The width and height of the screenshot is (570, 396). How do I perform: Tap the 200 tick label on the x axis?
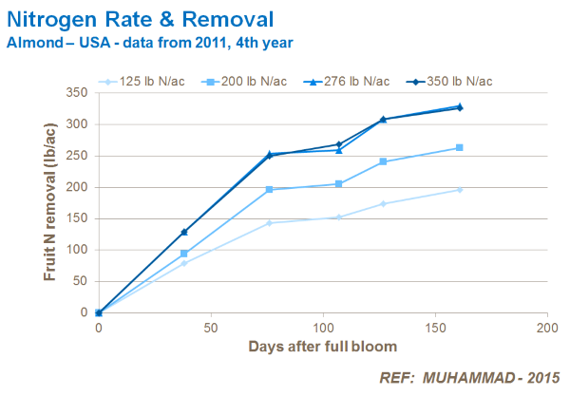click(x=547, y=328)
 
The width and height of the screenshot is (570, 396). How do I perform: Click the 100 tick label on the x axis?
click(x=323, y=328)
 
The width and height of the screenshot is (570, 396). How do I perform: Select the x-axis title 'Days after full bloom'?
click(x=323, y=346)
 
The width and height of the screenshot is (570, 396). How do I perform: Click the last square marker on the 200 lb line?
click(x=460, y=147)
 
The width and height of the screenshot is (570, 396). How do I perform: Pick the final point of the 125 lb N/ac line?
click(x=460, y=190)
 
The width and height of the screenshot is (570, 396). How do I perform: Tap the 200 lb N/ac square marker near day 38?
click(x=184, y=254)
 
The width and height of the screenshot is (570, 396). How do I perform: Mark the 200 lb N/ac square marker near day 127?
click(x=384, y=161)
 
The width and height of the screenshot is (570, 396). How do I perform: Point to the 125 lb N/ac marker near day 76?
click(x=270, y=223)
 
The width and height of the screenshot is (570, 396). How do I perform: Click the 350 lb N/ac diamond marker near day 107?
click(x=339, y=144)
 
